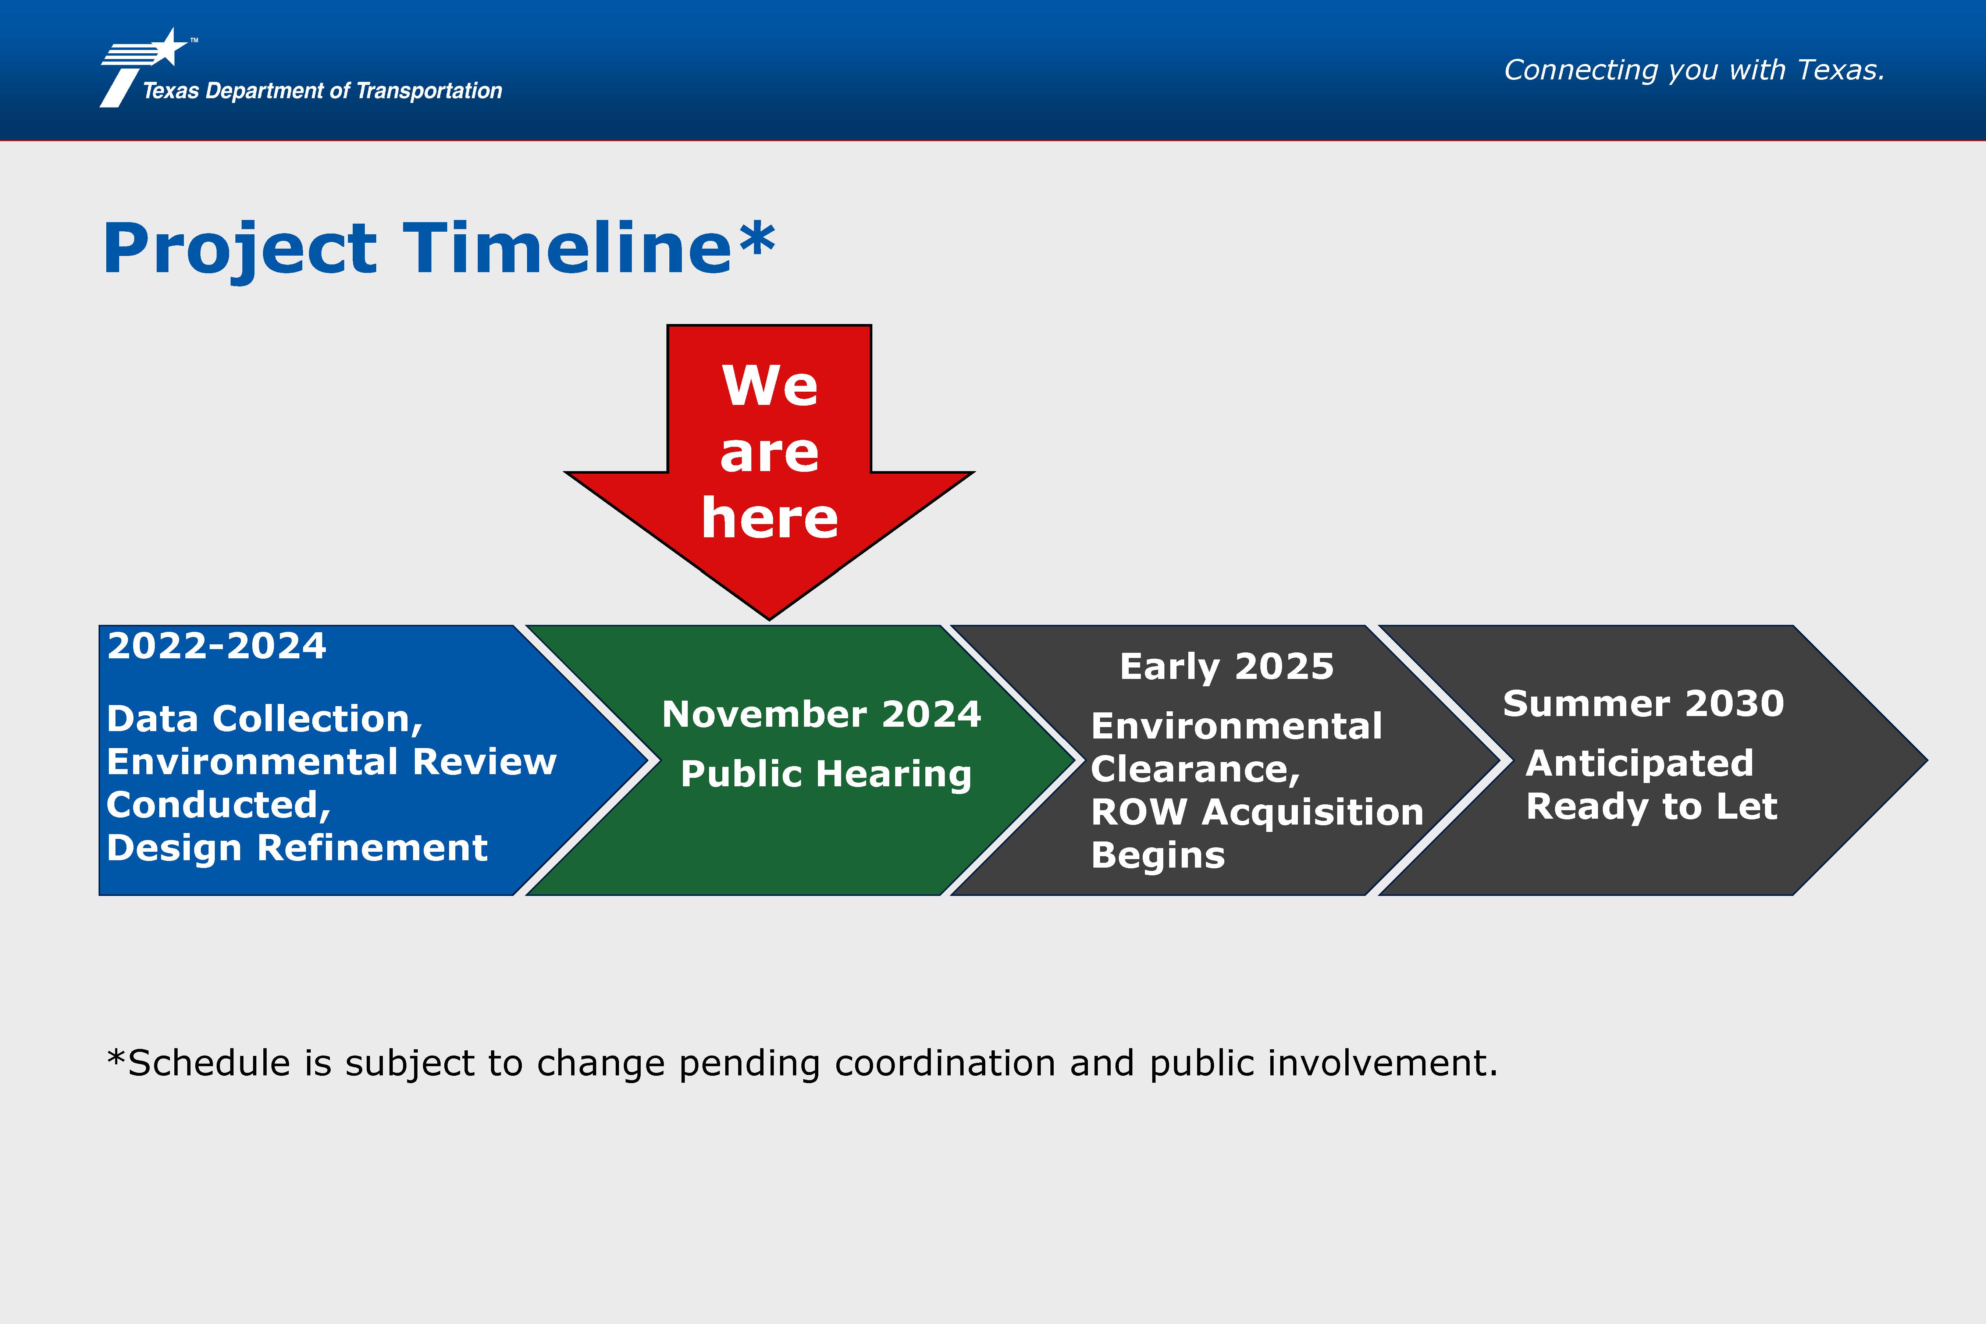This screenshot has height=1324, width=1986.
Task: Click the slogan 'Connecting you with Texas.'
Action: (x=1694, y=70)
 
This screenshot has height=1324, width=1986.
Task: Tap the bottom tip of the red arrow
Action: (x=769, y=620)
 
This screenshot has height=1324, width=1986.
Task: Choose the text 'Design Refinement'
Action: (x=297, y=848)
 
